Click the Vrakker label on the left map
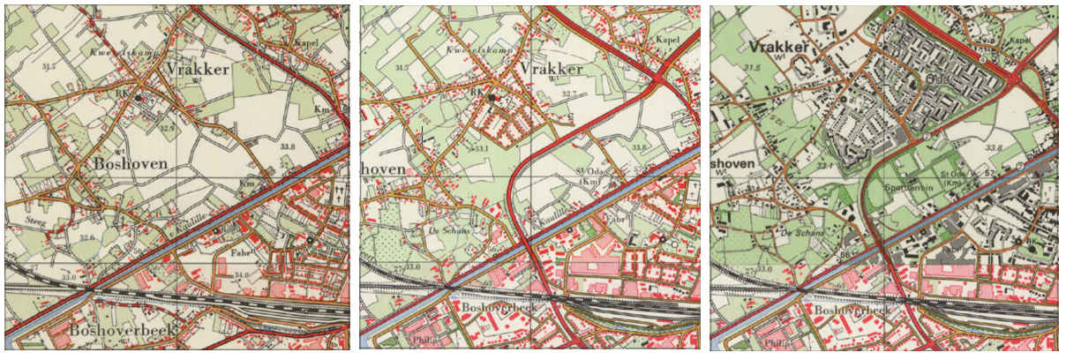(199, 70)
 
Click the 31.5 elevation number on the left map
(36, 66)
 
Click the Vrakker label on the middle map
(553, 69)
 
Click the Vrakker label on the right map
(781, 46)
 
